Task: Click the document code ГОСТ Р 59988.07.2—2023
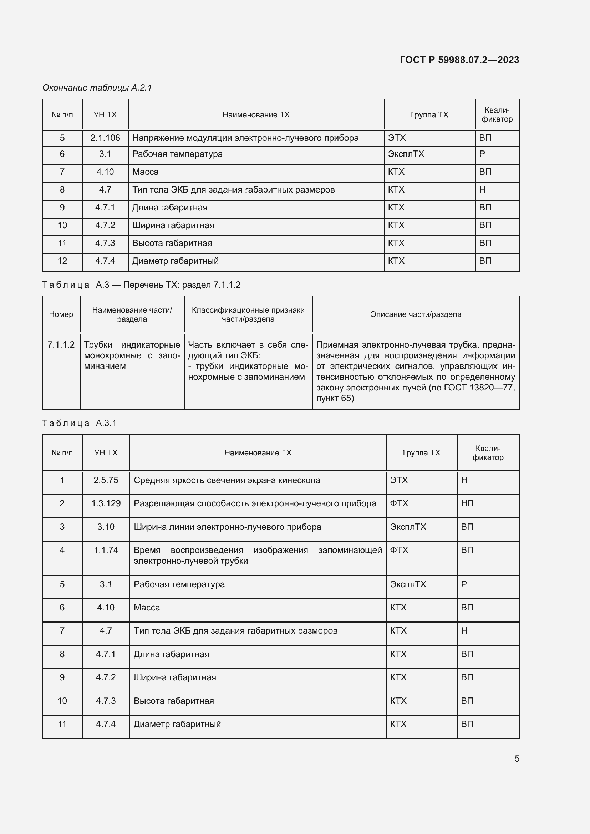pos(459,60)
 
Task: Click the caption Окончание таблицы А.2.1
pos(97,88)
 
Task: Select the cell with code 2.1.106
pos(105,138)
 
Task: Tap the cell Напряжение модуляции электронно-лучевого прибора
pos(245,138)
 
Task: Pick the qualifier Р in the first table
pos(482,154)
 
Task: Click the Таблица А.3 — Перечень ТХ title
pos(141,285)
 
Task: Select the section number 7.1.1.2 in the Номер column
pos(61,345)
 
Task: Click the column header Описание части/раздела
pos(415,314)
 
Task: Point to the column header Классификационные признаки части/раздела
pos(248,314)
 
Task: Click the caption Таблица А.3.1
pos(79,423)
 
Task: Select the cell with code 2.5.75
pos(106,480)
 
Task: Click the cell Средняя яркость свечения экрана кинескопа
pos(227,480)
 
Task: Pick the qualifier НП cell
pos(467,503)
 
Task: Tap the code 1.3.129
pos(106,503)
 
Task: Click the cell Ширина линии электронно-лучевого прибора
pos(228,527)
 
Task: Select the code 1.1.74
pos(106,550)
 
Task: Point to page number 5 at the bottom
pos(517,759)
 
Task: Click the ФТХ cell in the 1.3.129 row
pos(399,503)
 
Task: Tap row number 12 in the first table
pos(62,261)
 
